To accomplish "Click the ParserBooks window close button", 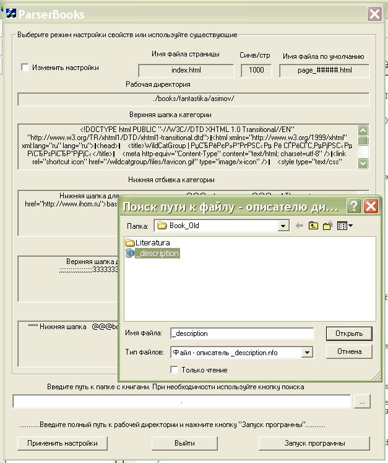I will (x=374, y=14).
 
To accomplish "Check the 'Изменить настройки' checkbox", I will (x=25, y=68).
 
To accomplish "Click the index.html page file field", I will (x=186, y=70).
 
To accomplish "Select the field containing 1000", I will (x=256, y=70).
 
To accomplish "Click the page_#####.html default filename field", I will (x=324, y=70).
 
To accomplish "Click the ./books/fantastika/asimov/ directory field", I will (x=193, y=99).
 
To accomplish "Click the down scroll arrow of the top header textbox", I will (x=363, y=163).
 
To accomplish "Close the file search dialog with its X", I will (x=371, y=206).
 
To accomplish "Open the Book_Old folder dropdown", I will (x=283, y=226).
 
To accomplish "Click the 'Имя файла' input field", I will (x=242, y=333).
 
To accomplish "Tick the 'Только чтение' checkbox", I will (x=175, y=370).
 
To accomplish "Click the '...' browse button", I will (x=362, y=402).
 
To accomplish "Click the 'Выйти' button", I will (x=184, y=443).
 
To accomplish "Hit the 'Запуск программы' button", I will (x=314, y=443).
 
